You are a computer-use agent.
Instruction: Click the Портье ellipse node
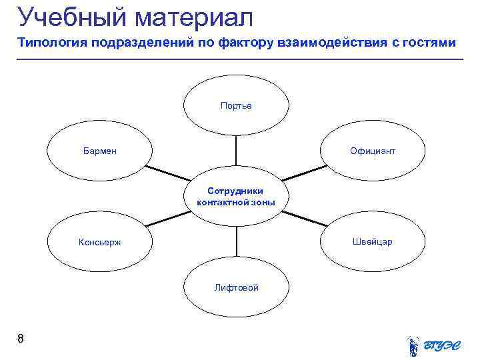(x=236, y=105)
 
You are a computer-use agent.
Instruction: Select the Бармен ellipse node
(x=100, y=151)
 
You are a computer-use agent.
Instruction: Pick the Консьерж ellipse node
(x=100, y=242)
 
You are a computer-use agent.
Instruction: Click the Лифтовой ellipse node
(x=236, y=287)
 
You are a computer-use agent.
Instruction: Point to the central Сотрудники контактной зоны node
(x=236, y=197)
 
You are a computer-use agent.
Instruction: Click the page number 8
(x=21, y=339)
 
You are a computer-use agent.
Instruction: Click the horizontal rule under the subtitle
(x=240, y=60)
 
